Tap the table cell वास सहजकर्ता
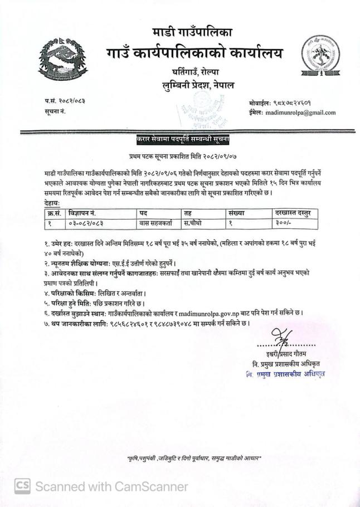(157, 223)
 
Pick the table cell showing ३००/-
(282, 223)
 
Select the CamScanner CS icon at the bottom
(22, 486)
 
